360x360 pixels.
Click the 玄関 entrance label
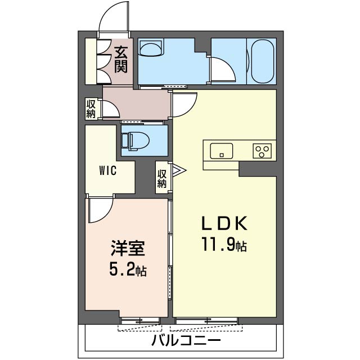click(120, 59)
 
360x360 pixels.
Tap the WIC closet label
click(107, 170)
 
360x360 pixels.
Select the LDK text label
click(224, 223)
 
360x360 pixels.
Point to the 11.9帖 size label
click(224, 244)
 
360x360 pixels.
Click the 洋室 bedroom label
click(128, 249)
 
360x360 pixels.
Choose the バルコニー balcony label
click(186, 340)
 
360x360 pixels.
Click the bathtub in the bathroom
click(263, 61)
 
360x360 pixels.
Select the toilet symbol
click(136, 141)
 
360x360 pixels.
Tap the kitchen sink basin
click(222, 151)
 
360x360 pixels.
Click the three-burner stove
click(262, 151)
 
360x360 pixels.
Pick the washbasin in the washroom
click(151, 47)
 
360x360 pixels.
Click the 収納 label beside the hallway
click(91, 109)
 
